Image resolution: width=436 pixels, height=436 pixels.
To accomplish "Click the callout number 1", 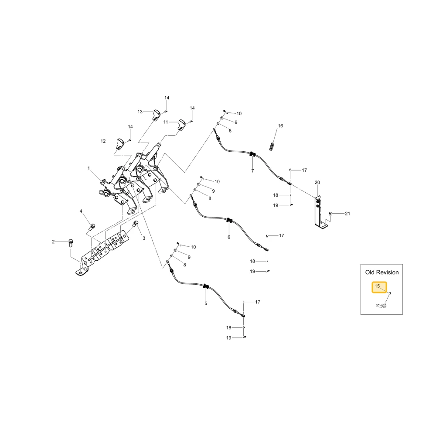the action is pyautogui.click(x=89, y=168).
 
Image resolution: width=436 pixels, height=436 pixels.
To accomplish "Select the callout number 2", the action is pyautogui.click(x=53, y=242).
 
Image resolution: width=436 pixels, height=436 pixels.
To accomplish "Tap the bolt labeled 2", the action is pyautogui.click(x=71, y=243).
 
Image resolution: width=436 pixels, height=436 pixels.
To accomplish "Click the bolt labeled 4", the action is pyautogui.click(x=92, y=227).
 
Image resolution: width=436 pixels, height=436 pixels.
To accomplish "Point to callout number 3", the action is pyautogui.click(x=144, y=238).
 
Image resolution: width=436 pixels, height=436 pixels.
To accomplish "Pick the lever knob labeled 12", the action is pyautogui.click(x=120, y=143).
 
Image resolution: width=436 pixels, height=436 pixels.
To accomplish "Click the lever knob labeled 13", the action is pyautogui.click(x=156, y=115).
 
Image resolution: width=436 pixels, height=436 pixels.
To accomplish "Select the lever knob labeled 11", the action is pyautogui.click(x=181, y=125).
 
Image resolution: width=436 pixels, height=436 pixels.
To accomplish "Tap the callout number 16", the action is pyautogui.click(x=280, y=126).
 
